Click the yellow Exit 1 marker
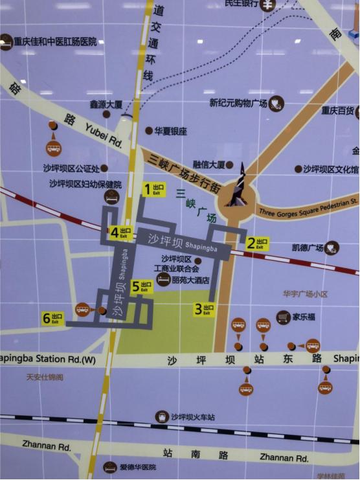point(154,189)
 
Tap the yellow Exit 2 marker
point(256,244)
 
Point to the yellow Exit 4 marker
point(120,233)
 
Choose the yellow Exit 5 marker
point(142,286)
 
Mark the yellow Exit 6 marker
point(52,318)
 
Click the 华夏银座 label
point(170,131)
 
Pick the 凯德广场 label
point(308,247)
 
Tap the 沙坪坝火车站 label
point(193,417)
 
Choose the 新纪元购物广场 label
point(238,103)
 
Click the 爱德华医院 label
point(138,467)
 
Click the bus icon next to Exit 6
point(82,310)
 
